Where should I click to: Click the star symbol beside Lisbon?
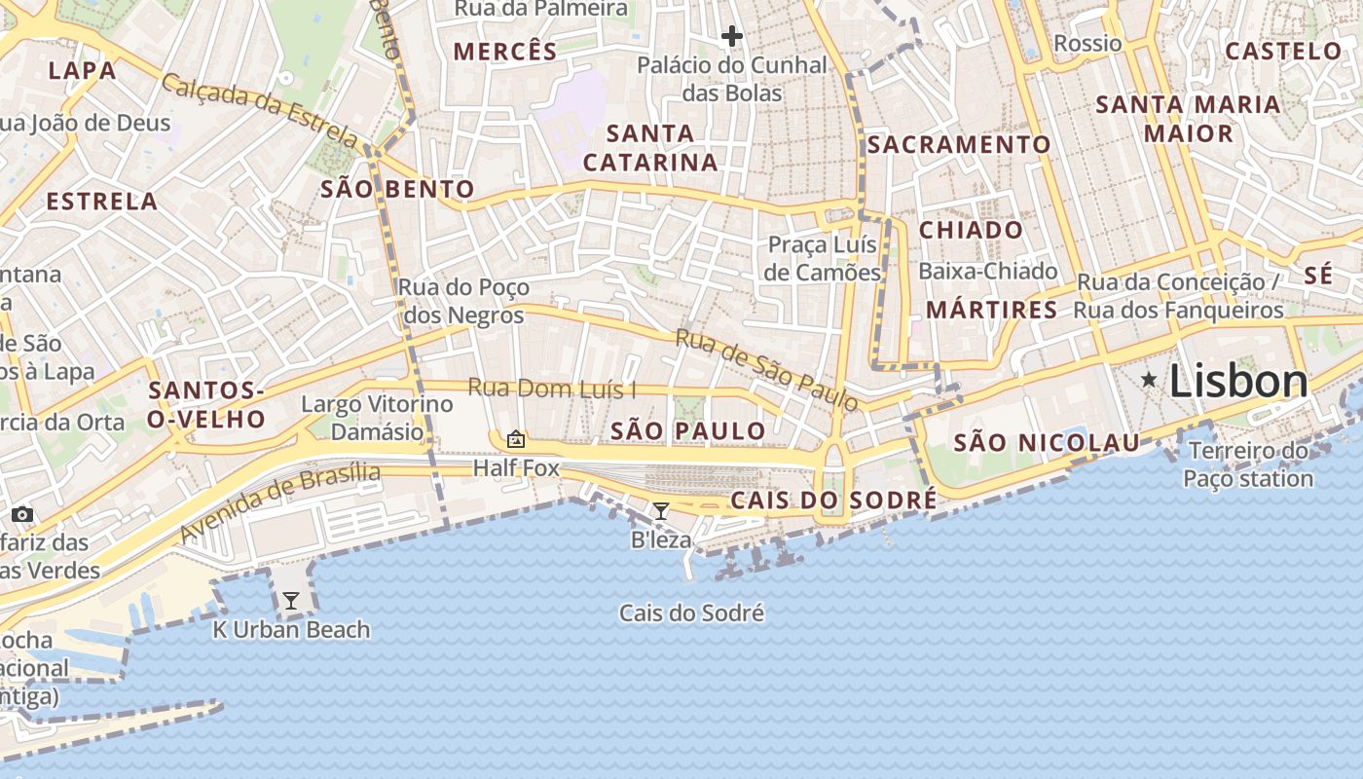coord(1149,379)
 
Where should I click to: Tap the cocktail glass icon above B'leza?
coord(661,511)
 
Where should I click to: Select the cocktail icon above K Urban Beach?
coord(290,601)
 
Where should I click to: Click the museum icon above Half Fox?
coord(516,440)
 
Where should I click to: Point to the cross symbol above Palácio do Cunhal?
coord(732,37)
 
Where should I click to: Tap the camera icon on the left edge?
coord(22,514)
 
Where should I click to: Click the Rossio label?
coord(1087,43)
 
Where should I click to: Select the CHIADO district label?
coord(971,231)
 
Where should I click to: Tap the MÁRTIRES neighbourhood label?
coord(991,310)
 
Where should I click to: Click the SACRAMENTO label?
coord(959,145)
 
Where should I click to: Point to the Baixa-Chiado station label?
coord(987,271)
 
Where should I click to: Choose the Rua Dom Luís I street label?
coord(552,389)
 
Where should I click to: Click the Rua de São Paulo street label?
coord(767,369)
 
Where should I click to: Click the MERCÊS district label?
coord(505,52)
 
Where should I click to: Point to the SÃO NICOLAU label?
coord(1047,443)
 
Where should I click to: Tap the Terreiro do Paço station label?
coord(1248,464)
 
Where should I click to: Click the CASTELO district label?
coord(1283,51)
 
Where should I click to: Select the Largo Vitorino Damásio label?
coord(377,417)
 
